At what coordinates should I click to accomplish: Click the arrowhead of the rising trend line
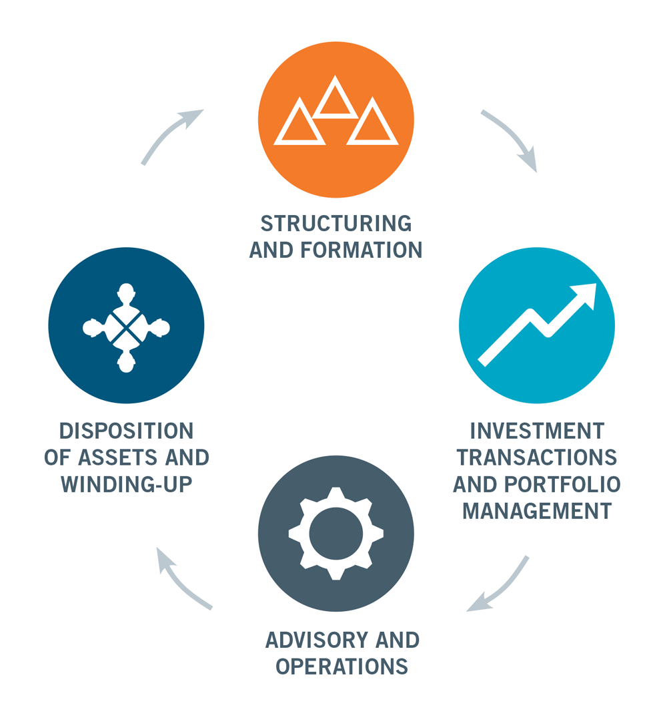click(586, 295)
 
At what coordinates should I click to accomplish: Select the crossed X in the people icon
click(126, 328)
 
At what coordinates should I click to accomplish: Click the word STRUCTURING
click(336, 224)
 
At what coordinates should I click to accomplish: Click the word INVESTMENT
click(537, 431)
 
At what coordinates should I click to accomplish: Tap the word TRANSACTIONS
click(537, 458)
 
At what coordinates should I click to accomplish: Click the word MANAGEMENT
click(537, 511)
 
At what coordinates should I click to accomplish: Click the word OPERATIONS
click(342, 667)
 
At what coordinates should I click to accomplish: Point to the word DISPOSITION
click(126, 431)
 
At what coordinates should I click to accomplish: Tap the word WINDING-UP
click(126, 484)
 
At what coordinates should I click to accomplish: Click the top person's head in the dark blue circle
click(126, 292)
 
